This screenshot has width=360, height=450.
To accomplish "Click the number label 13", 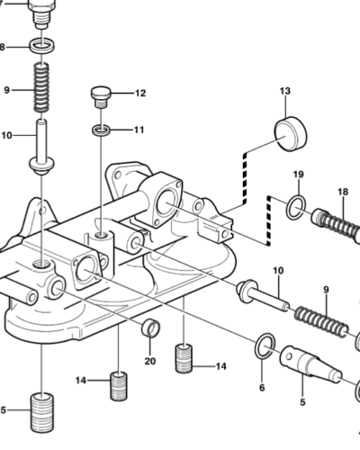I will [285, 92].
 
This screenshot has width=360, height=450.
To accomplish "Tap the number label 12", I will [139, 94].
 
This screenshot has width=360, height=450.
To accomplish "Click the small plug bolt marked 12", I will [101, 94].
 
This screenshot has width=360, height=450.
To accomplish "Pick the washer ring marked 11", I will [102, 131].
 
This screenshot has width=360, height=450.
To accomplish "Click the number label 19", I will [297, 174].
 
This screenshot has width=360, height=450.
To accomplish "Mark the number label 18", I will [342, 192].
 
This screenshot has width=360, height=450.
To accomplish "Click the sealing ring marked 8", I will [40, 46].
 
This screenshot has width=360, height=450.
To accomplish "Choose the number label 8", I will [3, 47].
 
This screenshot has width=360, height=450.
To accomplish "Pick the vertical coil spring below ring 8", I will [41, 86].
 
